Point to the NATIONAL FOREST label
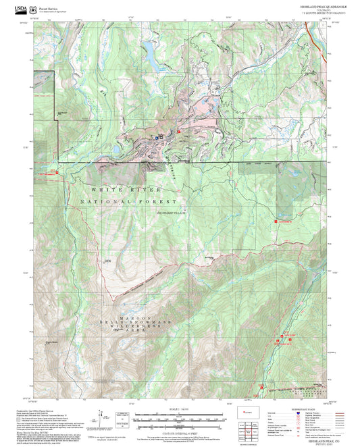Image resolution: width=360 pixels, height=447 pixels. (x=128, y=201)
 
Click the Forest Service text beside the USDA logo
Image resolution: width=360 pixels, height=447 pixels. (x=49, y=7)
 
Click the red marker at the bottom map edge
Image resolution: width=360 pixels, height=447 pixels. (x=262, y=386)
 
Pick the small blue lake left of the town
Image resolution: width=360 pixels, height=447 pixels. (x=116, y=147)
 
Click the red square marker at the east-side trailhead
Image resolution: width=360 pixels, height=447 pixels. (x=276, y=220)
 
